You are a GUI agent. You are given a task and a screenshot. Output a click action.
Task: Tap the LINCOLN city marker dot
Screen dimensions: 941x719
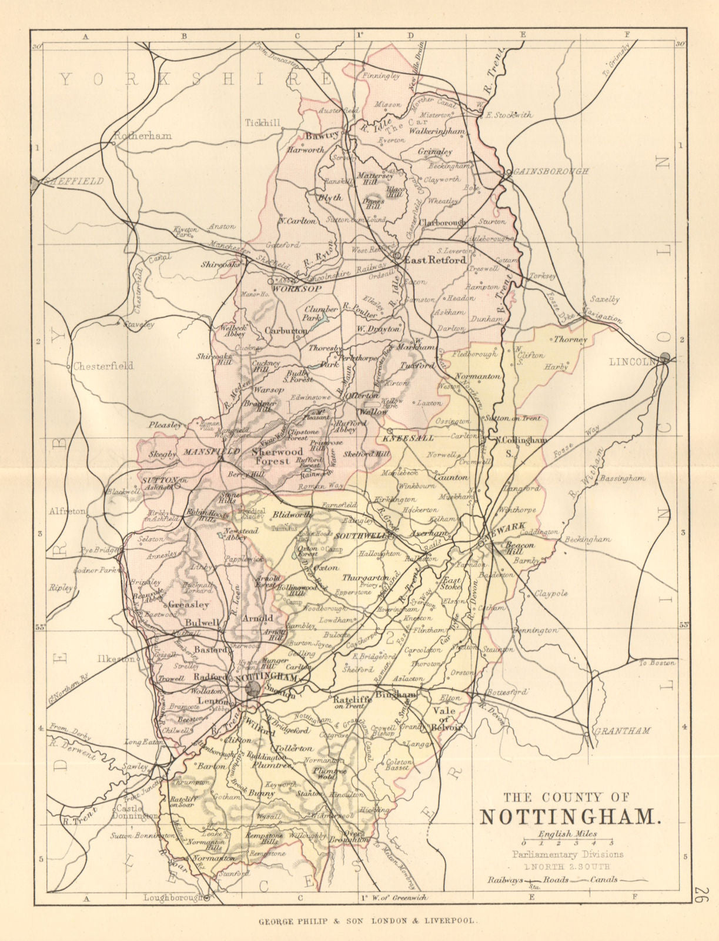[x=665, y=356]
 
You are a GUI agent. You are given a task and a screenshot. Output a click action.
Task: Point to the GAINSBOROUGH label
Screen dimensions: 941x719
[x=551, y=171]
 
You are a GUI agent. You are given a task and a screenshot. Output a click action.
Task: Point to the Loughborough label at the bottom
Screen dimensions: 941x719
[x=173, y=897]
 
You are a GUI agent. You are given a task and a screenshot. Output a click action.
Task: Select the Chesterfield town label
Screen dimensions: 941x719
[x=104, y=365]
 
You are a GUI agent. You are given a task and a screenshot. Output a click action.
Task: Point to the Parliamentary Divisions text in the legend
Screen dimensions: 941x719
[x=567, y=855]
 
